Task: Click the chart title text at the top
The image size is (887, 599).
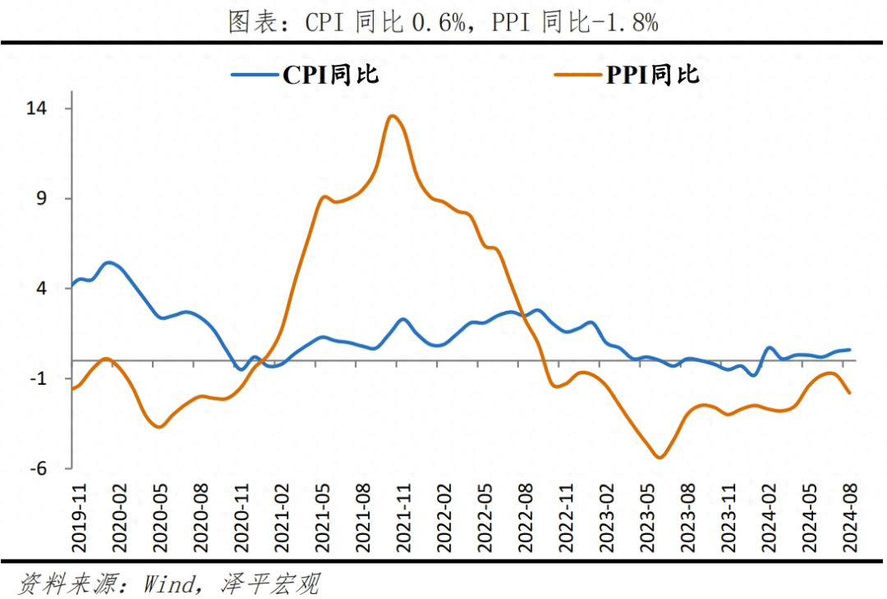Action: [x=443, y=22]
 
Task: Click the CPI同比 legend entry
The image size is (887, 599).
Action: [x=306, y=75]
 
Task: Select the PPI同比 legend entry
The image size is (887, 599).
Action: [x=627, y=75]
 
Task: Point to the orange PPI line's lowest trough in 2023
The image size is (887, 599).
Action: [x=659, y=457]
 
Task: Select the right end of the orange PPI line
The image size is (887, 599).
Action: [x=850, y=393]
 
